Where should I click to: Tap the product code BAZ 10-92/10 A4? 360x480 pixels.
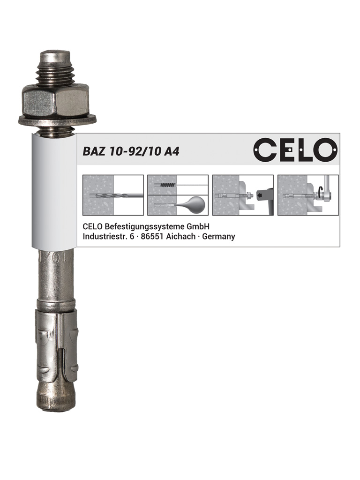pos(131,151)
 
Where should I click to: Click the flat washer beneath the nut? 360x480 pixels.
pos(57,120)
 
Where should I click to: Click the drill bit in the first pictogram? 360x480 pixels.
pos(116,195)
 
